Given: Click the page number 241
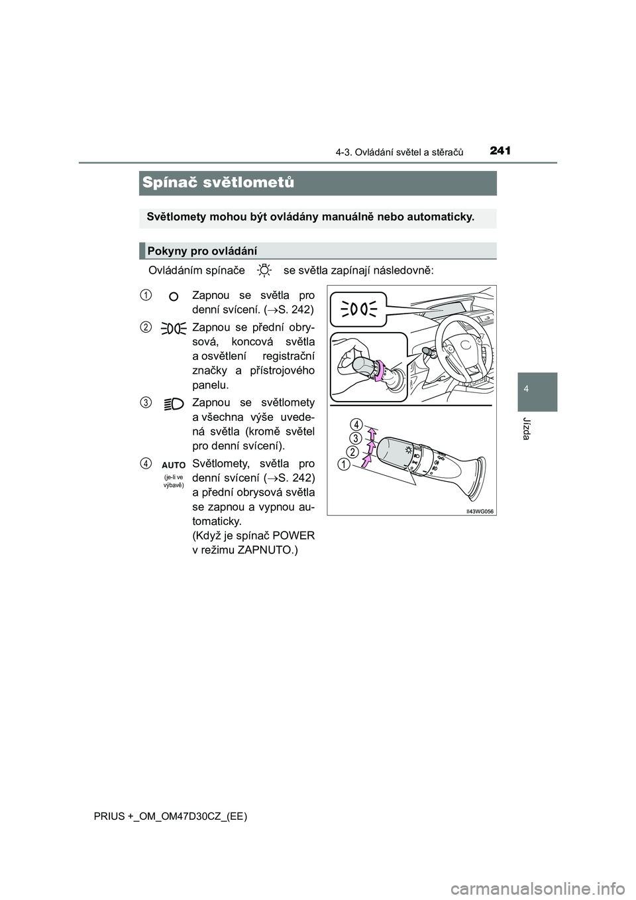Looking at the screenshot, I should coord(502,151).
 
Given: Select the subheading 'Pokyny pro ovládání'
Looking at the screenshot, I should coord(201,251).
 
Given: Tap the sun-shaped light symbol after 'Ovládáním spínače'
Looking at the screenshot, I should coord(264,270).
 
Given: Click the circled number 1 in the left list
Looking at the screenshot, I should coord(145,294).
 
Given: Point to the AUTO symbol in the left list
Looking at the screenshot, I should coord(174,466).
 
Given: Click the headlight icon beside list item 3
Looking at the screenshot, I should coord(174,403).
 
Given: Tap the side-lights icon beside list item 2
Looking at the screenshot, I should coord(173,327).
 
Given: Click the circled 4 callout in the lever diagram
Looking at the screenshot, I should coord(356,424).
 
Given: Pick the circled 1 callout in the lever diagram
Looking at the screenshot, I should coord(343,465).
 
